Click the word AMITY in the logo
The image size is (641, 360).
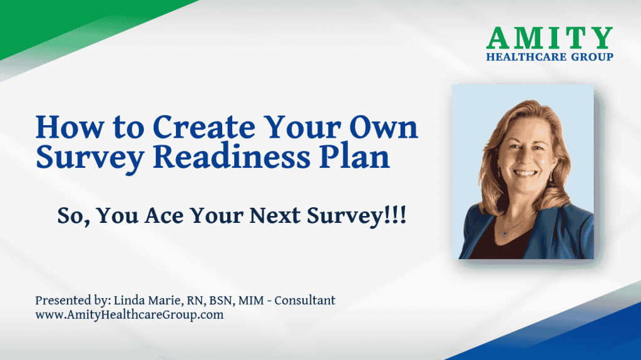click(550, 38)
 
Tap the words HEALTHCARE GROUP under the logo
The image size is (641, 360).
click(550, 57)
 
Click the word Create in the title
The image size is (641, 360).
click(204, 127)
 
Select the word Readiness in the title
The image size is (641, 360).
click(232, 157)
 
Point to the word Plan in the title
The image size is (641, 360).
click(354, 157)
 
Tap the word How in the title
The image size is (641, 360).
click(69, 127)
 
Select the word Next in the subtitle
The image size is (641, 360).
click(275, 215)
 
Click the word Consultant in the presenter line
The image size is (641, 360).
click(305, 301)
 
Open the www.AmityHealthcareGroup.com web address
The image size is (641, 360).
click(129, 315)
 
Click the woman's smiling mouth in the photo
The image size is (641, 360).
click(525, 173)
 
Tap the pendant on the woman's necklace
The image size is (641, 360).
click(505, 234)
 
